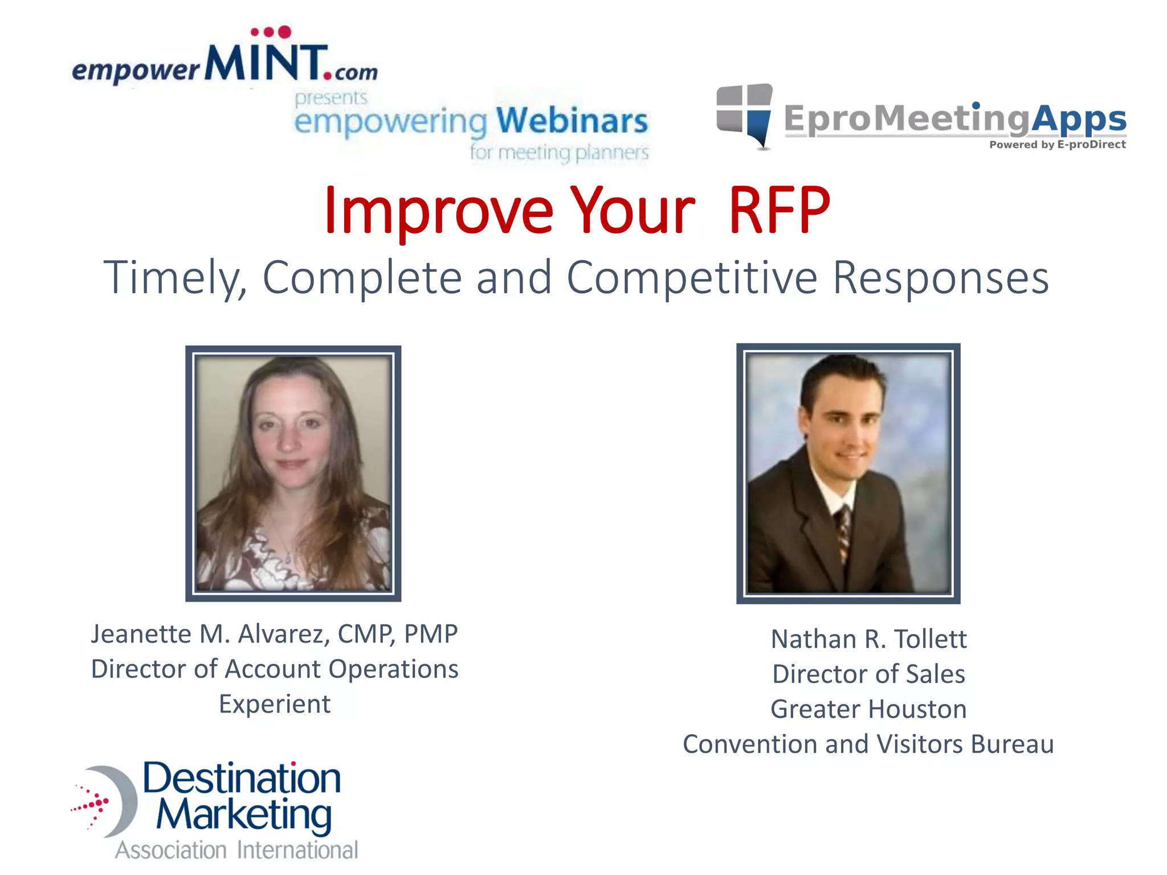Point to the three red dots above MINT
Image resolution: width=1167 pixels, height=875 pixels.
click(271, 32)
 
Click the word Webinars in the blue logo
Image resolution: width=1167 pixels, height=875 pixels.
click(572, 121)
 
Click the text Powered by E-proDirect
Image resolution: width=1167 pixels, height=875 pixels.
click(1057, 145)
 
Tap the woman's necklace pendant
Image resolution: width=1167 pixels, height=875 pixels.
click(288, 558)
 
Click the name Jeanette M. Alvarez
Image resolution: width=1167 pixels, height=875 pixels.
click(210, 634)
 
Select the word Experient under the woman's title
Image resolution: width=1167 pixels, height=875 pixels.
click(275, 704)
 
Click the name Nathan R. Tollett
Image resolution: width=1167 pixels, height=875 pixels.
click(868, 639)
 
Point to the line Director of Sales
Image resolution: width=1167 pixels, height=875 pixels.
click(868, 674)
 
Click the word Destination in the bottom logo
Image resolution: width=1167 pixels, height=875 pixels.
click(242, 778)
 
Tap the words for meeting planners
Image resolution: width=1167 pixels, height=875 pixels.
click(559, 153)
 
